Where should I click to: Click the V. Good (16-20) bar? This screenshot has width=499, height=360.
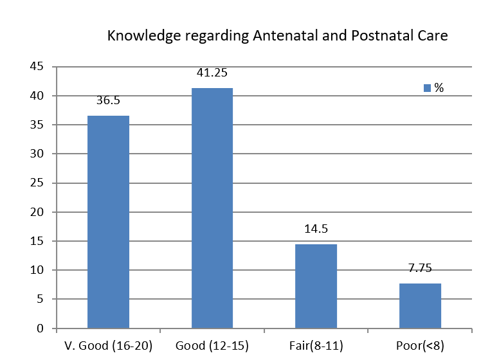pyautogui.click(x=108, y=222)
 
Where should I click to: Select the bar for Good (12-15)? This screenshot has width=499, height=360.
pyautogui.click(x=212, y=208)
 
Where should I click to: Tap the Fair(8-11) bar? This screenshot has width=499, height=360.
pyautogui.click(x=316, y=286)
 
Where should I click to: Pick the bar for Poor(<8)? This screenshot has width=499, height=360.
pyautogui.click(x=420, y=305)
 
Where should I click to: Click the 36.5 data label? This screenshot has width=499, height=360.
pyautogui.click(x=108, y=101)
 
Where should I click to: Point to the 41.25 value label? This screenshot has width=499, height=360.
pyautogui.click(x=212, y=73)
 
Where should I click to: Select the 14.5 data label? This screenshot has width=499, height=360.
pyautogui.click(x=316, y=229)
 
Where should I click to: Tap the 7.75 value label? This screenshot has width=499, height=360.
pyautogui.click(x=420, y=268)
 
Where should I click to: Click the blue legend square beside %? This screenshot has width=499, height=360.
pyautogui.click(x=427, y=88)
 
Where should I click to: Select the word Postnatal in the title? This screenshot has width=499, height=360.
pyautogui.click(x=382, y=36)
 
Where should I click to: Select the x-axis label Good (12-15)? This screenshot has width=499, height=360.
pyautogui.click(x=212, y=346)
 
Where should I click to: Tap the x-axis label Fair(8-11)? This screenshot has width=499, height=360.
pyautogui.click(x=316, y=346)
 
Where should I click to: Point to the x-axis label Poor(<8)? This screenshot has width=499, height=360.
pyautogui.click(x=420, y=346)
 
